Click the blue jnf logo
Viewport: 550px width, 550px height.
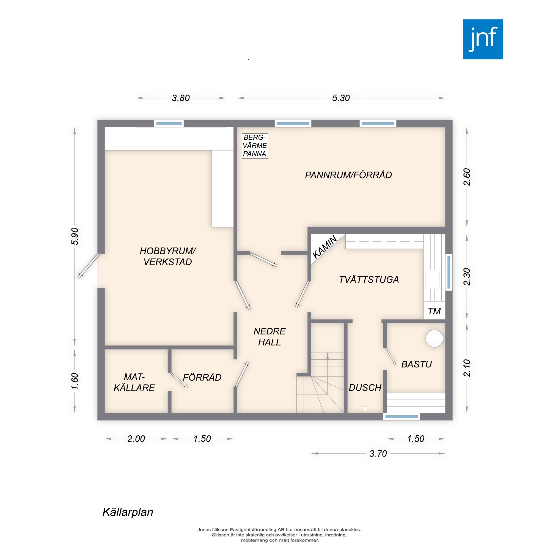(483, 39)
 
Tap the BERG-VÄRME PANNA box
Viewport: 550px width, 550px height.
(255, 146)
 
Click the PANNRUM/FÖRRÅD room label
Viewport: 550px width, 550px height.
(348, 175)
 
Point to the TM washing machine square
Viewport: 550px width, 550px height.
(434, 311)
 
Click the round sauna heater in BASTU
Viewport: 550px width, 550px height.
(434, 339)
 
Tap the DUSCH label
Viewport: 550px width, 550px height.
(365, 387)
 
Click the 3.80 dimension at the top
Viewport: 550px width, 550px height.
(181, 98)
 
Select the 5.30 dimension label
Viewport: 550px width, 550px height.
(341, 98)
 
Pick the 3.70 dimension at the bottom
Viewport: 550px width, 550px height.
(378, 453)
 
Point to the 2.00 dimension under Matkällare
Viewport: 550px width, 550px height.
(136, 439)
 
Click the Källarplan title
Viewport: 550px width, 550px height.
(128, 512)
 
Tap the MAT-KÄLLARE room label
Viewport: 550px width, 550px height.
(134, 382)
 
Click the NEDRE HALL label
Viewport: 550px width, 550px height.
(269, 337)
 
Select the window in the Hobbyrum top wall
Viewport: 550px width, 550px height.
(169, 123)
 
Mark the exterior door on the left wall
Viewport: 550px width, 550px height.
(89, 266)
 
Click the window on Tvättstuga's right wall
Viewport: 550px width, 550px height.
(449, 272)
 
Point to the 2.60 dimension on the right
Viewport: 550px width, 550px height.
(467, 177)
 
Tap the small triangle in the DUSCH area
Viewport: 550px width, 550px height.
(365, 409)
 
